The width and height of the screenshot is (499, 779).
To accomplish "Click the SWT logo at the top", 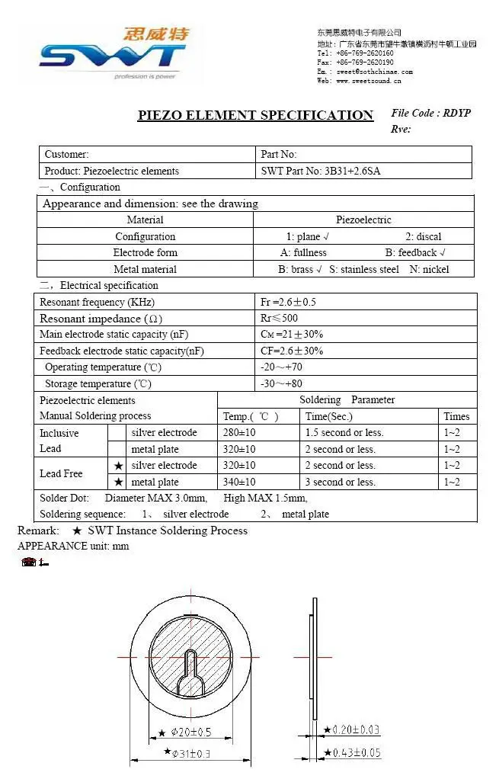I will tap(113, 53).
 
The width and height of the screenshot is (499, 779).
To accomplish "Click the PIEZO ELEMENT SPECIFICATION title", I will tap(255, 115).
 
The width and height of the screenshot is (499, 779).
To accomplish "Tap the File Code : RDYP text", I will tap(430, 113).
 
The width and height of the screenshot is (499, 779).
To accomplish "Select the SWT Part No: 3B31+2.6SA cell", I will tap(320, 171).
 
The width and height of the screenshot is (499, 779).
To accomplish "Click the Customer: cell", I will tap(67, 154).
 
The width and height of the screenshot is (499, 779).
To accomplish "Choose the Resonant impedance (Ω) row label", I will tap(101, 319).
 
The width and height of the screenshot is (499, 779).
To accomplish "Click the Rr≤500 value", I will tap(280, 319).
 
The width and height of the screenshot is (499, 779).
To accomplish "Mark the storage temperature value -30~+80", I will tap(281, 383).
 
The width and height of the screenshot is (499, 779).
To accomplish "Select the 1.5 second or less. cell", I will tap(344, 432).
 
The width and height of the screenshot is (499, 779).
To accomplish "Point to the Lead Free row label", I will tap(61, 473).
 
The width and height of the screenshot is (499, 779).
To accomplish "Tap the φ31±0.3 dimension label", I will tap(189, 752).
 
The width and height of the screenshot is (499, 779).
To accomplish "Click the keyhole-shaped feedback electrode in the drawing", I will tap(192, 668).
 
